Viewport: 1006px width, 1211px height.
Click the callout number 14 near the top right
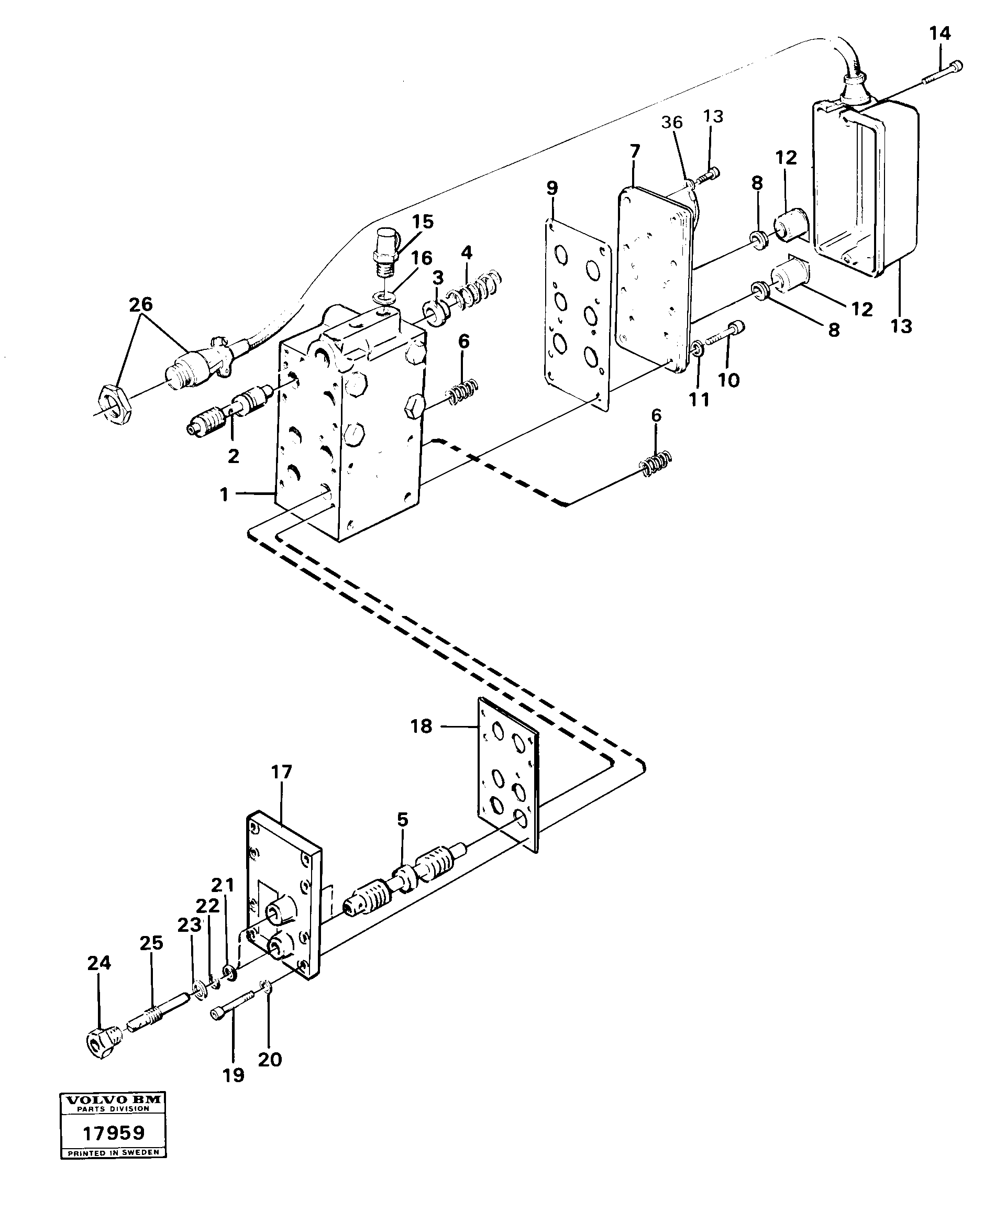click(939, 34)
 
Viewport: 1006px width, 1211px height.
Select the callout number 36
click(672, 122)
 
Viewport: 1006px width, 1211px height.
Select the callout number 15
click(423, 222)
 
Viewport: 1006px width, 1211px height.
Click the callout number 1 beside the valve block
click(225, 494)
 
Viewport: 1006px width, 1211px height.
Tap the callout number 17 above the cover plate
click(281, 772)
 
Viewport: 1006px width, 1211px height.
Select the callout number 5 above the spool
click(402, 819)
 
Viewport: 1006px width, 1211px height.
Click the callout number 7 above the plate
click(635, 152)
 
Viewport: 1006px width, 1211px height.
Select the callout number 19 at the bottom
click(234, 1075)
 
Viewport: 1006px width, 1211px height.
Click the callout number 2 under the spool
click(234, 456)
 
